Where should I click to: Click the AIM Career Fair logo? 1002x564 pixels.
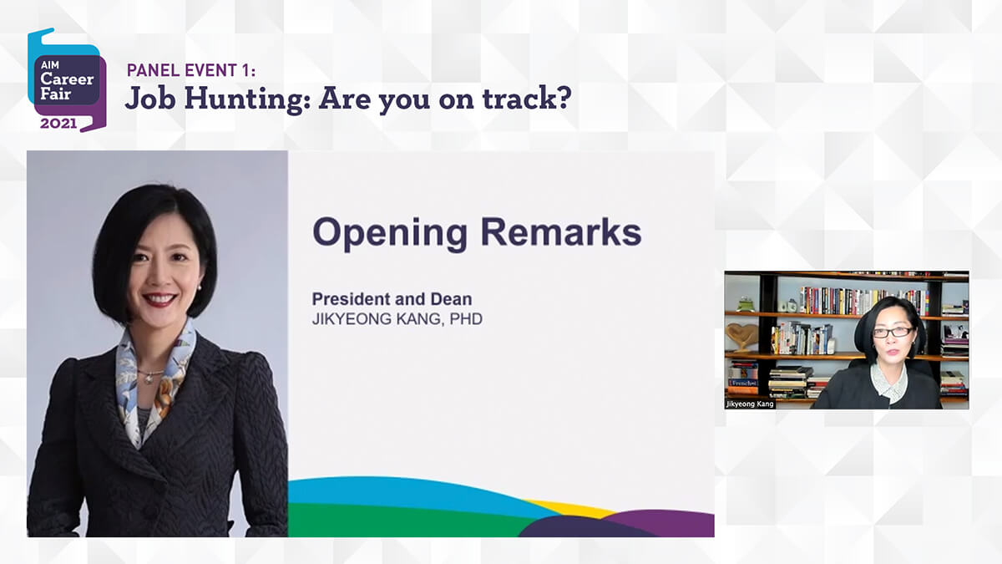[x=67, y=80]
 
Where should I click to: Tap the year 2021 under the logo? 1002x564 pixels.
[x=58, y=123]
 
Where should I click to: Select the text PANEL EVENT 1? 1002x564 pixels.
[x=191, y=70]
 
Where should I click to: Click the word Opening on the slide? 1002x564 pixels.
[x=390, y=233]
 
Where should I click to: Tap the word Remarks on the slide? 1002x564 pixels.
[x=561, y=231]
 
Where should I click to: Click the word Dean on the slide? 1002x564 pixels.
[x=451, y=299]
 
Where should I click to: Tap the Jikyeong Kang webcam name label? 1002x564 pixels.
[x=750, y=404]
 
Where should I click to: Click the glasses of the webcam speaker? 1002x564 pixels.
[x=893, y=333]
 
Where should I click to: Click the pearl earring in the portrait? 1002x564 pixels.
[x=200, y=287]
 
